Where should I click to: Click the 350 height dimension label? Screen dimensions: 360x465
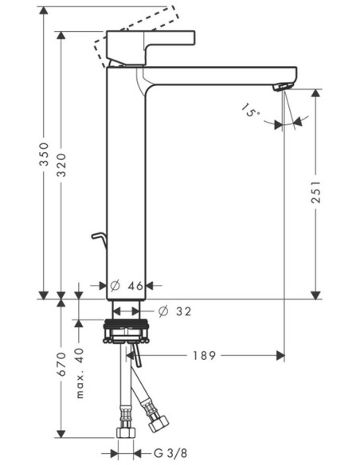pyautogui.click(x=44, y=154)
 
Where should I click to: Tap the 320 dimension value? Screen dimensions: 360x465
pyautogui.click(x=61, y=165)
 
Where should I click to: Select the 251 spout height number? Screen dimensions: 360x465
pyautogui.click(x=316, y=192)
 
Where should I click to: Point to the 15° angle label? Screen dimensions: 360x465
pyautogui.click(x=249, y=111)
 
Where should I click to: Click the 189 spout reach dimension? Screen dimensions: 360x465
pyautogui.click(x=205, y=356)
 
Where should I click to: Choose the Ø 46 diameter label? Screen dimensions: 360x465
pyautogui.click(x=127, y=286)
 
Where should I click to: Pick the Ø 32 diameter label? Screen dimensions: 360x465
pyautogui.click(x=175, y=311)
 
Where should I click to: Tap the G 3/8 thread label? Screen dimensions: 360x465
pyautogui.click(x=170, y=453)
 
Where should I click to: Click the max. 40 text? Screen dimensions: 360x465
pyautogui.click(x=80, y=373)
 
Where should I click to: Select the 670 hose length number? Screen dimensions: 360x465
pyautogui.click(x=61, y=364)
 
